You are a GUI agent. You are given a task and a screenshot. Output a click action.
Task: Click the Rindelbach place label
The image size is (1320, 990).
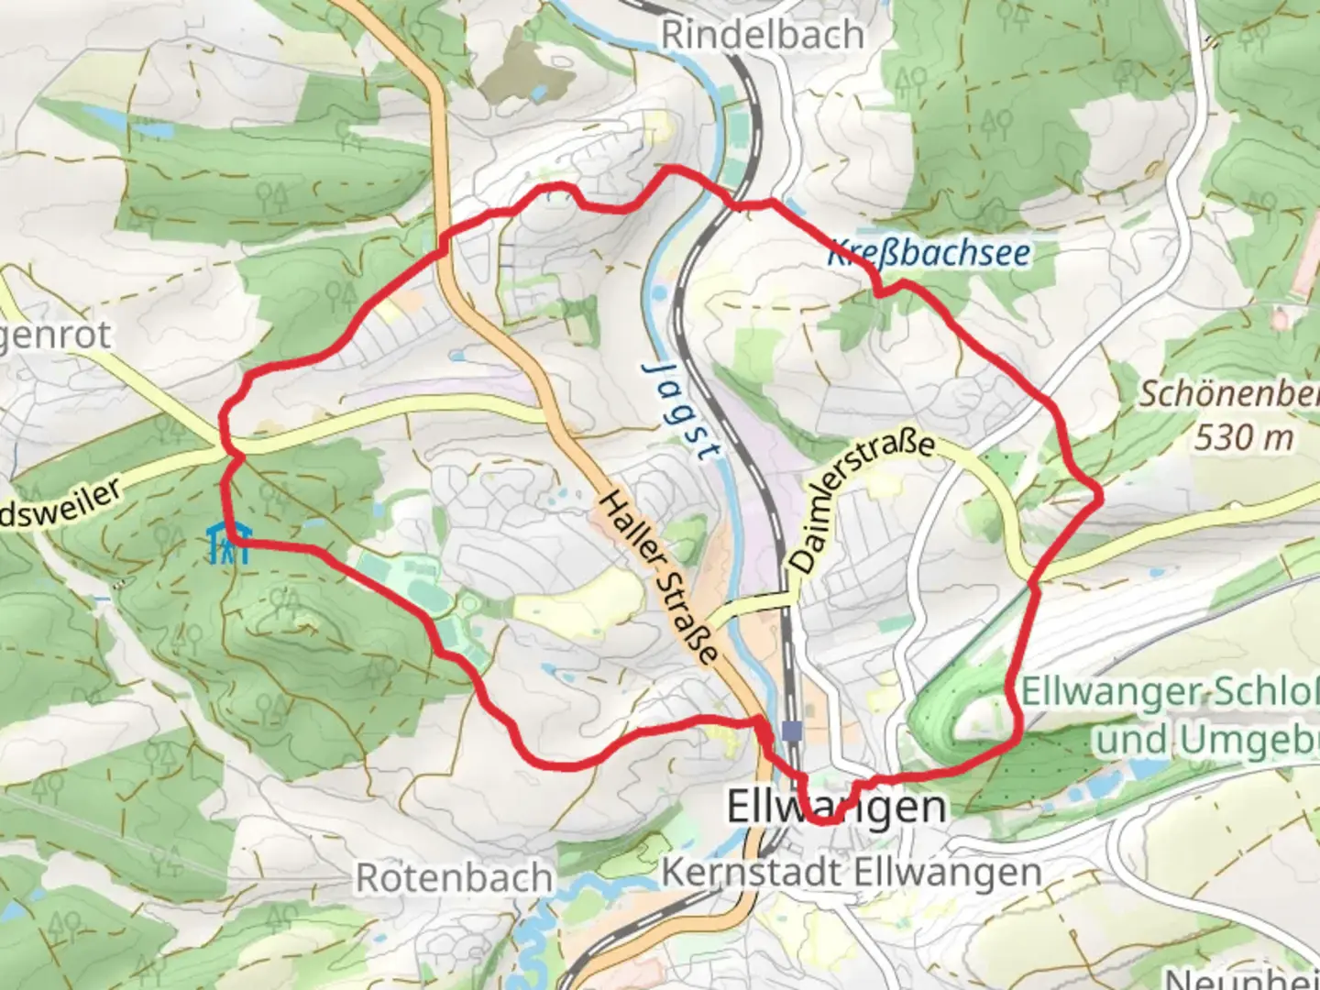tap(762, 35)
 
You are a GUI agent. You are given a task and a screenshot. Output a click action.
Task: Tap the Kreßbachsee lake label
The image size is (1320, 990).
tap(929, 253)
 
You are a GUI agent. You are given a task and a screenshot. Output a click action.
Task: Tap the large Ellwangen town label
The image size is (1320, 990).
tap(836, 807)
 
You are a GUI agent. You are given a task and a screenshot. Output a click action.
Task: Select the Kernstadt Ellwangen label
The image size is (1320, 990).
tap(851, 872)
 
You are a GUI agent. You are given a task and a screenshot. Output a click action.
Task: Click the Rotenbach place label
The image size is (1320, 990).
tap(454, 877)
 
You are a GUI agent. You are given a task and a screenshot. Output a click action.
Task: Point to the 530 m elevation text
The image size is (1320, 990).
tap(1243, 438)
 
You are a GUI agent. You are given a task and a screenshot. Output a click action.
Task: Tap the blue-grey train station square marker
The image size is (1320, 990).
tap(792, 731)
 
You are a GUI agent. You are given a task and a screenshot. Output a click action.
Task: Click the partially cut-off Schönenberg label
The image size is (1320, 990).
tap(1228, 394)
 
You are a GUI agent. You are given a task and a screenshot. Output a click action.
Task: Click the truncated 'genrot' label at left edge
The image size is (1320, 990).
tap(55, 335)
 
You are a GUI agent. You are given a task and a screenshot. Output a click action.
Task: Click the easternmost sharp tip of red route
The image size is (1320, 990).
tap(1100, 497)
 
